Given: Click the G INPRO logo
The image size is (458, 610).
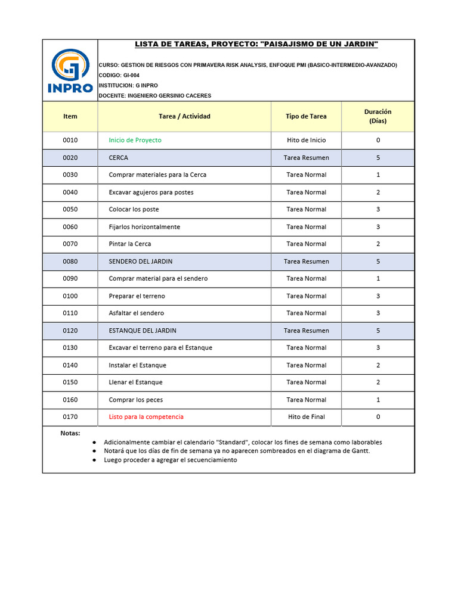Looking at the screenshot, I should tap(70, 71).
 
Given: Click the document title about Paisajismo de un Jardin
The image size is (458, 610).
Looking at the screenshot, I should tap(256, 45).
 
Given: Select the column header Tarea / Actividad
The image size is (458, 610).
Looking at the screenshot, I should tap(184, 116).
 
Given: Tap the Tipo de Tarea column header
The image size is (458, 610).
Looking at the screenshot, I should tap(306, 116).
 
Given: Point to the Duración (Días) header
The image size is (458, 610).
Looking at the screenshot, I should tap(377, 116).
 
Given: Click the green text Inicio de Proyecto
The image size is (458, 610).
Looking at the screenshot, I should tap(135, 140).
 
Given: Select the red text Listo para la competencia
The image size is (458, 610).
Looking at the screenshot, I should tap(146, 416).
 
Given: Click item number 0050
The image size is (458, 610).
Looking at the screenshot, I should tap(70, 209).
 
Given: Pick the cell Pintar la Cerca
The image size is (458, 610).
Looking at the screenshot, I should tap(130, 244).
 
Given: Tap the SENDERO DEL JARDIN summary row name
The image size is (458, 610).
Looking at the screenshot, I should tap(140, 261).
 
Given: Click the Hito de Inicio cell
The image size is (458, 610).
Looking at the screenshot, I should tap(306, 140).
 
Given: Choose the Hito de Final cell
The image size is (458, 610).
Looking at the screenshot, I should tap(306, 416).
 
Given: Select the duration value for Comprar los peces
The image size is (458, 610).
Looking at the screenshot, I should tap(377, 400).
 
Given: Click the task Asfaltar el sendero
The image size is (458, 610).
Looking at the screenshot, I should tap(136, 313).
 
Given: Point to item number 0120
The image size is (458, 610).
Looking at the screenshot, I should tap(70, 331).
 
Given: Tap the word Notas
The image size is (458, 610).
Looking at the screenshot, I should tap(70, 433).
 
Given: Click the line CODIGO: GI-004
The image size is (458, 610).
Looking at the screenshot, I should tap(119, 76).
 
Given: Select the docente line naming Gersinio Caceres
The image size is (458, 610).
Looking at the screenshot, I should tap(155, 95).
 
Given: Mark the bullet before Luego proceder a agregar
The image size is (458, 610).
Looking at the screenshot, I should tap(94, 460).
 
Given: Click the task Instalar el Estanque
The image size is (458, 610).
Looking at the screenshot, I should tap(137, 365).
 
